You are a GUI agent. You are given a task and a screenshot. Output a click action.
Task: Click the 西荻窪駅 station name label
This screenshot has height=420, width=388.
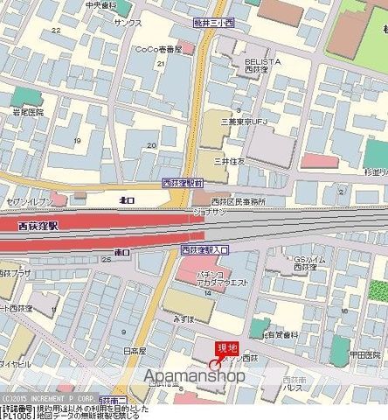click(38, 226)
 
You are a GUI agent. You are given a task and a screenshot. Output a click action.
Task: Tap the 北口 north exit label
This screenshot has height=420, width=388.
click(128, 200)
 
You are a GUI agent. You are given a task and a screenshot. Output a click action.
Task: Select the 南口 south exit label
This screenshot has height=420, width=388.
click(122, 252)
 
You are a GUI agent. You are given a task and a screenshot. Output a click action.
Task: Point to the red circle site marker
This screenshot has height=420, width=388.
click(215, 363)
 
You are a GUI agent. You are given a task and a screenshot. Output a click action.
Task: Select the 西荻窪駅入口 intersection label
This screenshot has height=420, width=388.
click(204, 250)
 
